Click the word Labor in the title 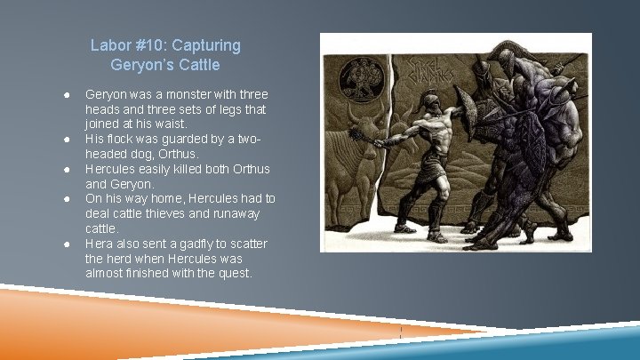(109, 45)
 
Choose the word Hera (99, 244)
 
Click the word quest (235, 273)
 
